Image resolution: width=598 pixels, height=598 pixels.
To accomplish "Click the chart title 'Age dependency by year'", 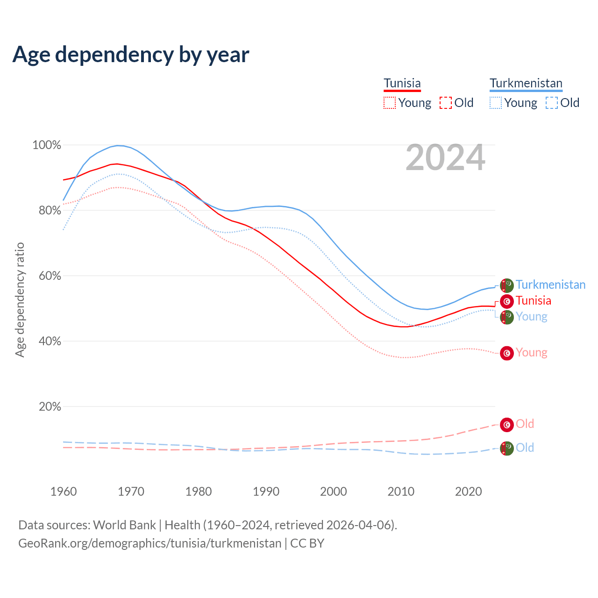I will pos(131,55).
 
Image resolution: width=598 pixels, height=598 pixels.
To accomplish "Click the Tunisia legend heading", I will pos(402,83).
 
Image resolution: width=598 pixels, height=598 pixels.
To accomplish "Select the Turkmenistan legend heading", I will pos(526,83).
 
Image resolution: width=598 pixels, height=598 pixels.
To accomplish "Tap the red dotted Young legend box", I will pos(389,103).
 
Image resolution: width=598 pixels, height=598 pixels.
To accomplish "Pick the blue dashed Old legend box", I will pos(551,103).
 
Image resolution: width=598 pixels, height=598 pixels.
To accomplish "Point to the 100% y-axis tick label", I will pos(47,145).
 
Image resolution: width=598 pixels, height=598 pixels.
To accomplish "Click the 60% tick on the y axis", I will pos(50,276).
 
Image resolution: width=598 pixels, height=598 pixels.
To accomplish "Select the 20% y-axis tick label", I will pos(50,407).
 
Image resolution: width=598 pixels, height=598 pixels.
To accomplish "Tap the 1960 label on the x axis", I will pos(64,491).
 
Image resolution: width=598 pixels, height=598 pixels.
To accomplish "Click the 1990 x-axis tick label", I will pos(266,491).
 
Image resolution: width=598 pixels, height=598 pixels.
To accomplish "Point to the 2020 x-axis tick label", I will pos(468,491).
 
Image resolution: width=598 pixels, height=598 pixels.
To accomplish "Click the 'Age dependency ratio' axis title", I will pos(20,299).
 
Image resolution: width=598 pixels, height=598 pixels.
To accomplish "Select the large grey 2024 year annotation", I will pos(445,157).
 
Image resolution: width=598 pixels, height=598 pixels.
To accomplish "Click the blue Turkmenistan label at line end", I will pos(550,285).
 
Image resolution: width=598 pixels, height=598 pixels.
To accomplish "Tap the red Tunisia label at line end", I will pos(534,300).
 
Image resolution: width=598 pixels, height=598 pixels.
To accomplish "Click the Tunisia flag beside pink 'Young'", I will pos(507,353).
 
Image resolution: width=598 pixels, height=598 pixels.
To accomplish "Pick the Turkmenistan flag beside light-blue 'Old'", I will pos(507,448).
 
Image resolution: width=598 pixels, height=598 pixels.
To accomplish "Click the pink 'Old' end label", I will pos(525,424).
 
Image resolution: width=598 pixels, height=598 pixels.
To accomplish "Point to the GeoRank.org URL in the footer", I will pos(149,543).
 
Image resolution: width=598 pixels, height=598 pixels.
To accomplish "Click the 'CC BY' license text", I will pos(307,543).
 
